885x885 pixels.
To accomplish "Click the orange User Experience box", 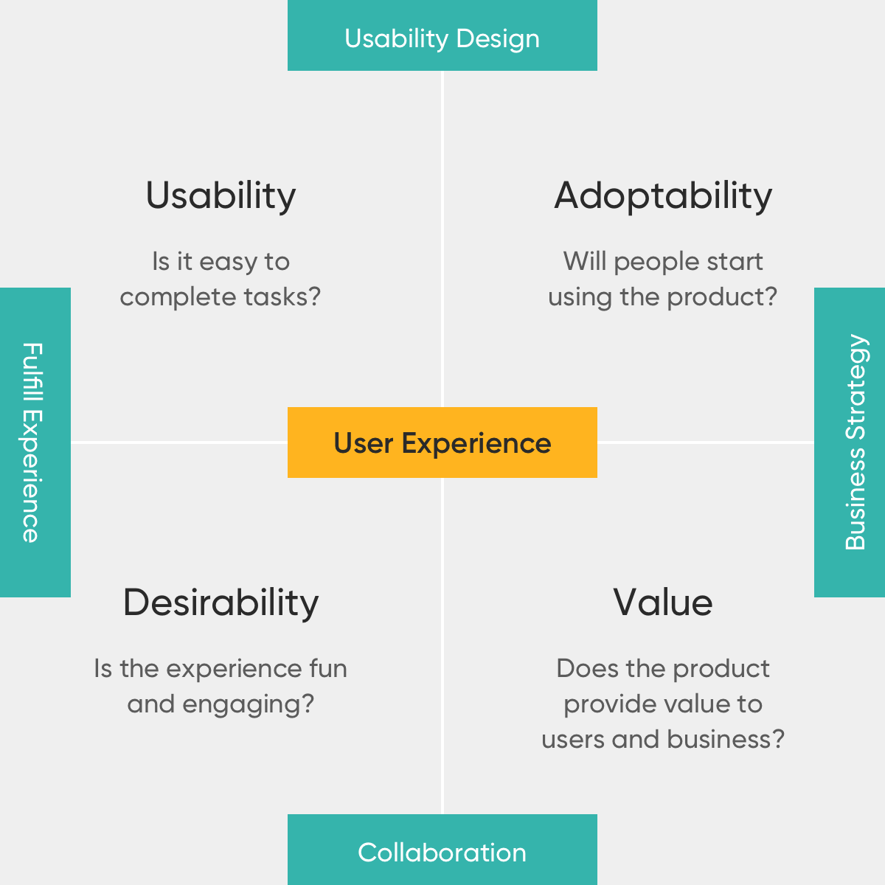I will point(442,442).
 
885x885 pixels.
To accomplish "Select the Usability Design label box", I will point(442,35).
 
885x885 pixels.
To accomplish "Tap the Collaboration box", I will point(442,850).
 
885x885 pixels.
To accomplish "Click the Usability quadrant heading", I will point(221,195).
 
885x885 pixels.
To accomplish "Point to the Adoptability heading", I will point(663,195).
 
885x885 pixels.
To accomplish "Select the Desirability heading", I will point(221,603).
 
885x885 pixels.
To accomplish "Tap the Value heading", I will point(663,603).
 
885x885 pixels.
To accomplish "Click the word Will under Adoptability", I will point(585,261).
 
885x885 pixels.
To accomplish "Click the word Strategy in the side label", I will point(855,387).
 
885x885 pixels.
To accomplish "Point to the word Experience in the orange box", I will point(476,444).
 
